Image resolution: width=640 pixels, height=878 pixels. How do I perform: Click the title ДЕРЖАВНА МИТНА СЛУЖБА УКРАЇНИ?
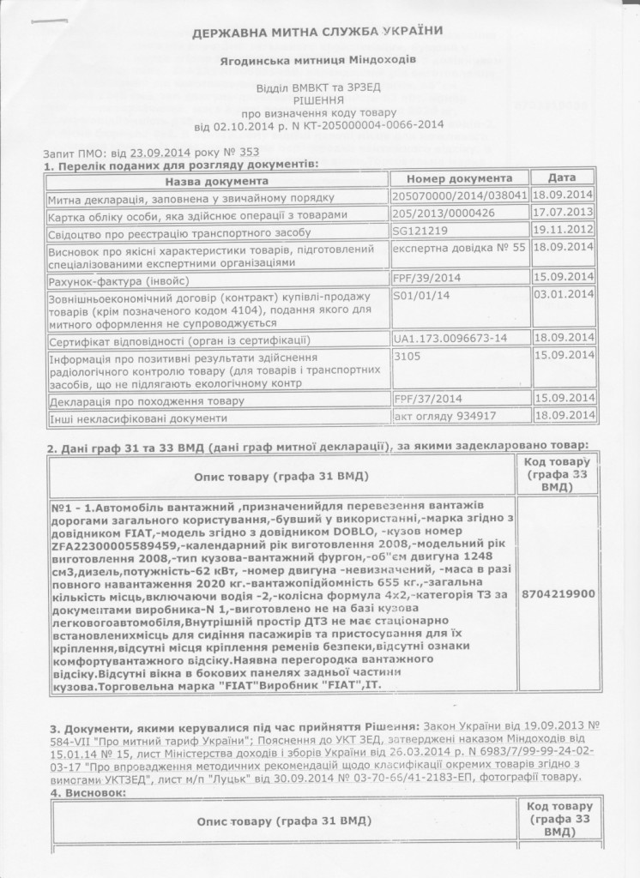317,33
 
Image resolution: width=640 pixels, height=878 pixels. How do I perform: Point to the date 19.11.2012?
564,231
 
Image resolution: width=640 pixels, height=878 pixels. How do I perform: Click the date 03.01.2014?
564,296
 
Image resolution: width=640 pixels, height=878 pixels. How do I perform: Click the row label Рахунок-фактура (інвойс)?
119,280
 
